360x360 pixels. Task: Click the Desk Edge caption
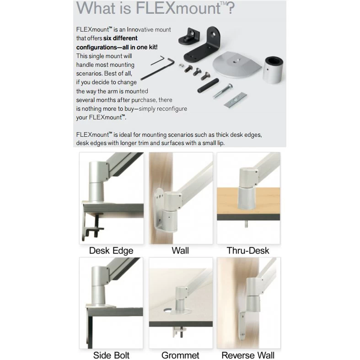point(111,251)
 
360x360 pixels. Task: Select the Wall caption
point(180,251)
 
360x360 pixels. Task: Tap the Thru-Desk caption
point(248,251)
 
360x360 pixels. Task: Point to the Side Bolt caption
point(111,355)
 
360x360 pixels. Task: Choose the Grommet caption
point(180,355)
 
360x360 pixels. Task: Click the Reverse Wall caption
point(248,355)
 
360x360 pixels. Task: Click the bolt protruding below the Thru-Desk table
point(247,224)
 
